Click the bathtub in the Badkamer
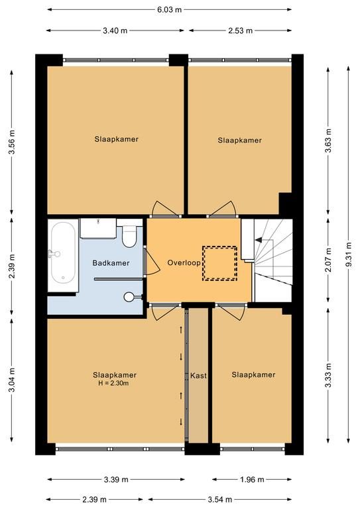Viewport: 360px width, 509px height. pyautogui.click(x=63, y=253)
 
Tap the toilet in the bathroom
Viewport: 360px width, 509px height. pyautogui.click(x=129, y=235)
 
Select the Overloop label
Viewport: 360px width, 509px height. pyautogui.click(x=184, y=262)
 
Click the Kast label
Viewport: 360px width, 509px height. pyautogui.click(x=198, y=376)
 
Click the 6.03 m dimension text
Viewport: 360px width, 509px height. pyautogui.click(x=170, y=9)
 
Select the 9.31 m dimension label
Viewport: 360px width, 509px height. pyautogui.click(x=348, y=254)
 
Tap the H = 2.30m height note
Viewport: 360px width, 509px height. pyautogui.click(x=113, y=383)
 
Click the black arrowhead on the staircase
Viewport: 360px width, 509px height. pyautogui.click(x=259, y=240)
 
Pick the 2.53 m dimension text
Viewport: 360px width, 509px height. pyautogui.click(x=240, y=30)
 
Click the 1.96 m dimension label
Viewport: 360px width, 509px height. pyautogui.click(x=252, y=479)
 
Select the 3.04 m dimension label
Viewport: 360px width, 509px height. pyautogui.click(x=12, y=380)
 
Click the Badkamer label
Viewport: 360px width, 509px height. pyautogui.click(x=111, y=263)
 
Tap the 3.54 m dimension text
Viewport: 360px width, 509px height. pyautogui.click(x=219, y=499)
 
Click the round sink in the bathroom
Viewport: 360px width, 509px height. pyautogui.click(x=129, y=296)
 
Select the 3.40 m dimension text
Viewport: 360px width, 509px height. pyautogui.click(x=115, y=30)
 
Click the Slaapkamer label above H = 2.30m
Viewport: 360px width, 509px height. pyautogui.click(x=115, y=375)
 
